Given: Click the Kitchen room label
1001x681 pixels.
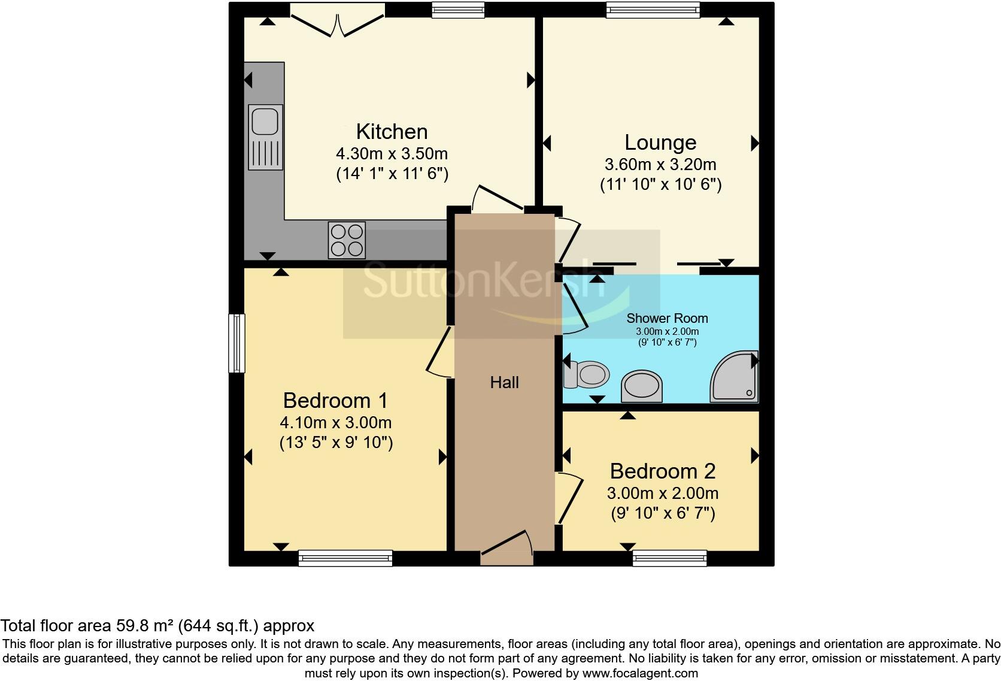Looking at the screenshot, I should click(x=392, y=131).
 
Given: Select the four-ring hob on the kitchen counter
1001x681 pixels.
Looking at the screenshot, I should click(x=346, y=240).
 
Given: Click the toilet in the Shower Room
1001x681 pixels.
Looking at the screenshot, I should click(x=586, y=375).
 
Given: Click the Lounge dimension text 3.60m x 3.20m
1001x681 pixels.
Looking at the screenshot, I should click(x=660, y=164).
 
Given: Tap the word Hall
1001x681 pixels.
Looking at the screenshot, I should click(x=504, y=382).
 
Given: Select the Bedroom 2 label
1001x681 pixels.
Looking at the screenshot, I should click(x=662, y=471).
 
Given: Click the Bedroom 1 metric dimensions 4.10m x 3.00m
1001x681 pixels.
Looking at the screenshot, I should click(x=335, y=423).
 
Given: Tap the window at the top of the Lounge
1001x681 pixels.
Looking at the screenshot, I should click(x=653, y=9).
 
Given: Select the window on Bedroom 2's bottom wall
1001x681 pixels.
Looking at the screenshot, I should click(x=670, y=558).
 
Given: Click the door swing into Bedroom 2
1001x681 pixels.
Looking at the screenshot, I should click(x=569, y=497).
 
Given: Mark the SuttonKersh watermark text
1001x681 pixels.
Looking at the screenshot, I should click(x=485, y=282).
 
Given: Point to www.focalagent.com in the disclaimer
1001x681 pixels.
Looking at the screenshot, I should click(x=640, y=673).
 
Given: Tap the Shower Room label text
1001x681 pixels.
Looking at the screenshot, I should click(x=667, y=319).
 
